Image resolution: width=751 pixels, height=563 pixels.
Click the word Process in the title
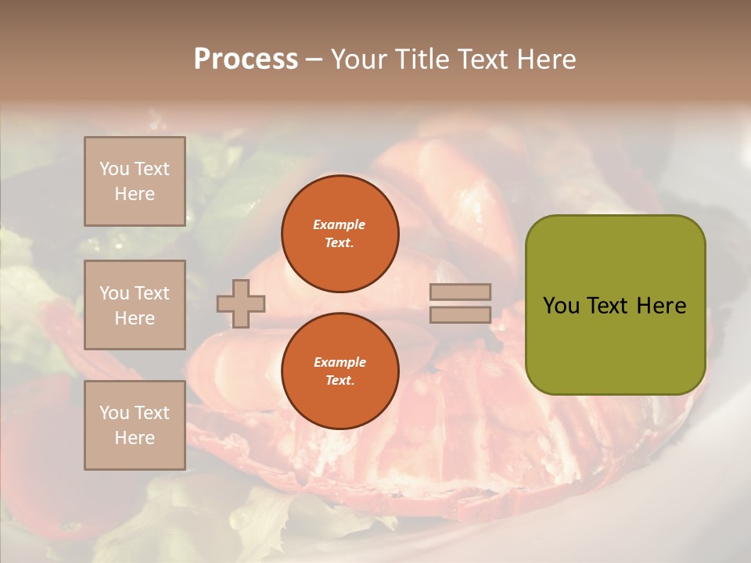(246, 59)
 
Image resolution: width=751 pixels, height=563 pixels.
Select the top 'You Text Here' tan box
(135, 181)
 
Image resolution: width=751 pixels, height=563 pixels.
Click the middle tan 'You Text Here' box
(135, 305)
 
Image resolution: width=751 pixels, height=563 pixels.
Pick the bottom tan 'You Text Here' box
(135, 425)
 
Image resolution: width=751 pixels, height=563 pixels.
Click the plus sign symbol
(241, 303)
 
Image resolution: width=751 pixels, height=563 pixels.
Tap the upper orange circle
(340, 233)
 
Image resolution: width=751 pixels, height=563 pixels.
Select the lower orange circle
(340, 371)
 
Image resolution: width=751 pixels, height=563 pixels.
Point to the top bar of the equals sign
(460, 292)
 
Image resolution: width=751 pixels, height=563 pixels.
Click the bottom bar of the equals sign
(460, 315)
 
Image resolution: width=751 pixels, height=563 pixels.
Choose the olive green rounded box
(615, 305)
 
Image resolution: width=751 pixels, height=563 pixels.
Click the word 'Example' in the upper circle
(340, 224)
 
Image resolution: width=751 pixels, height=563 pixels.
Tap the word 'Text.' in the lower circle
(340, 380)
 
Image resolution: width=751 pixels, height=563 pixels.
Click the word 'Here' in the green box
(661, 306)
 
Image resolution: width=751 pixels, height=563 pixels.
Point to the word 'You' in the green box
(561, 306)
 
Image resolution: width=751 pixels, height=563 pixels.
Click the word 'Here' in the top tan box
(135, 194)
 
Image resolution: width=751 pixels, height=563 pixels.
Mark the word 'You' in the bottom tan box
(114, 412)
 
